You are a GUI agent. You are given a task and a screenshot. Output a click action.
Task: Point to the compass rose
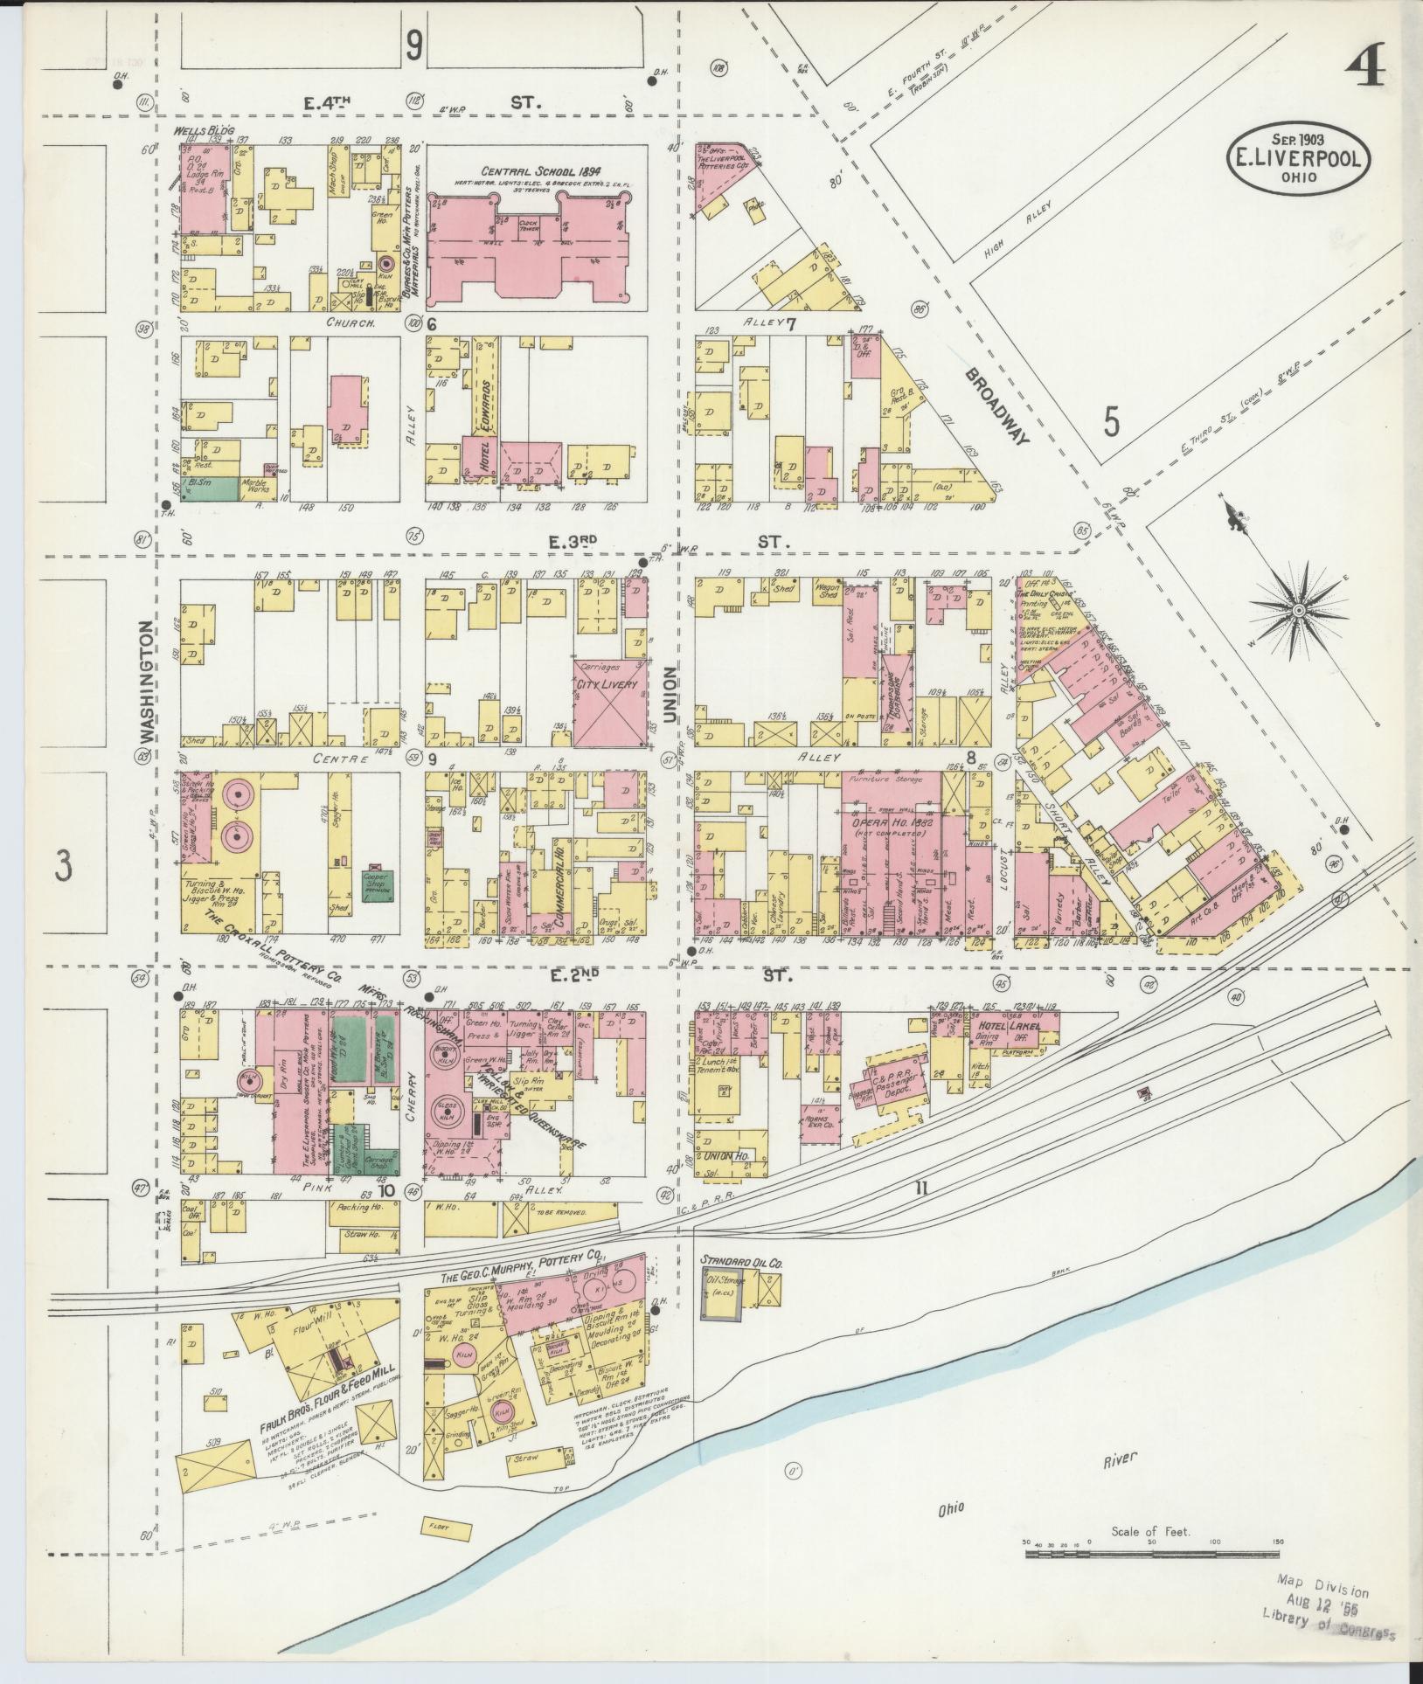tap(1301, 609)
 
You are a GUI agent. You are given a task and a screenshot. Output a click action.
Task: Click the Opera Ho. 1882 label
tap(887, 823)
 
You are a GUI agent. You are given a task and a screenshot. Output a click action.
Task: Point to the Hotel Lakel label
tap(1009, 1028)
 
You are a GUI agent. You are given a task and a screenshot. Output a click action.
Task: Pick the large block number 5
tap(1110, 422)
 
